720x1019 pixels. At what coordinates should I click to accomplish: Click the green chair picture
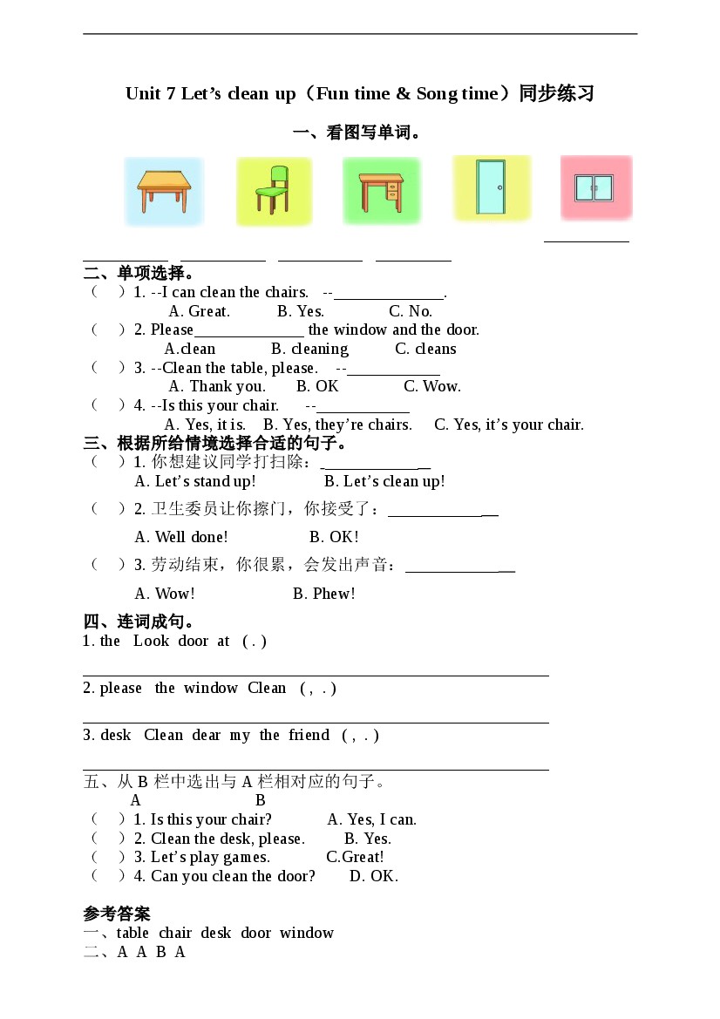click(x=273, y=191)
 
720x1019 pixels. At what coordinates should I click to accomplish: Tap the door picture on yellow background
click(x=492, y=187)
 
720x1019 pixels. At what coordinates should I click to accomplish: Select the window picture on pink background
click(x=595, y=187)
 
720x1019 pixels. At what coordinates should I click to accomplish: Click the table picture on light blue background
click(x=163, y=191)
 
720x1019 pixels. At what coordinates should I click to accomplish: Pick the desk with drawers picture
click(x=381, y=191)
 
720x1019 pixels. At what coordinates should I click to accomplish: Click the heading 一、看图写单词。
click(x=357, y=133)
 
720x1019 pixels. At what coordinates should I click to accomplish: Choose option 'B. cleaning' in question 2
click(x=309, y=349)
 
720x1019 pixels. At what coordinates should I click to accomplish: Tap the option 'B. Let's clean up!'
click(x=384, y=481)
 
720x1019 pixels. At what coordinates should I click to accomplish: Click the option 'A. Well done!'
click(x=181, y=537)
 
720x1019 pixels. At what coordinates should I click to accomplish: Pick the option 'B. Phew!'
click(x=323, y=594)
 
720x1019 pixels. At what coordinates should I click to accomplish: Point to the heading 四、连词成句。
click(x=139, y=622)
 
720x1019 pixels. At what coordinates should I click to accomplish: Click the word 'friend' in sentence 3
click(x=309, y=735)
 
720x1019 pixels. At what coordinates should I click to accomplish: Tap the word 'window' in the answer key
click(x=307, y=933)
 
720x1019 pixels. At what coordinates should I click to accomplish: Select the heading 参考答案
click(x=117, y=914)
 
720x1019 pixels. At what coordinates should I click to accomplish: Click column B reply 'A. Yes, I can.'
click(x=371, y=819)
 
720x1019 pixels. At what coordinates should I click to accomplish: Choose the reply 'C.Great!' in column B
click(x=355, y=857)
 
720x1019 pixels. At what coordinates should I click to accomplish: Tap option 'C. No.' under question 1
click(x=410, y=311)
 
